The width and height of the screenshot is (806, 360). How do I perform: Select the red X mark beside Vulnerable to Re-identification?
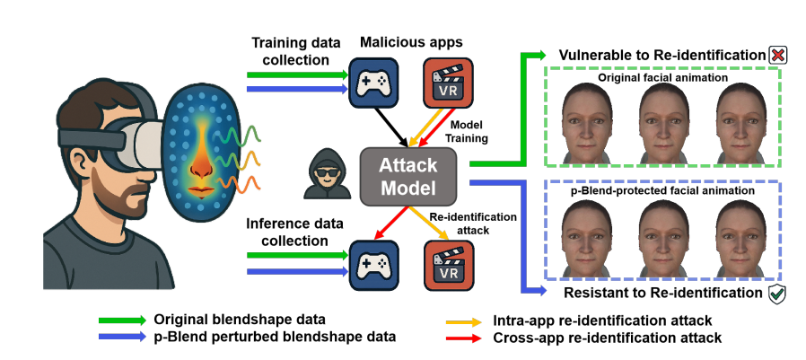[777, 56]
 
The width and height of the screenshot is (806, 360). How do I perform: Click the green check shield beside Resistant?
[777, 293]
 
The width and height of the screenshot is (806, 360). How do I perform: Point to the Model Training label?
[468, 130]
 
